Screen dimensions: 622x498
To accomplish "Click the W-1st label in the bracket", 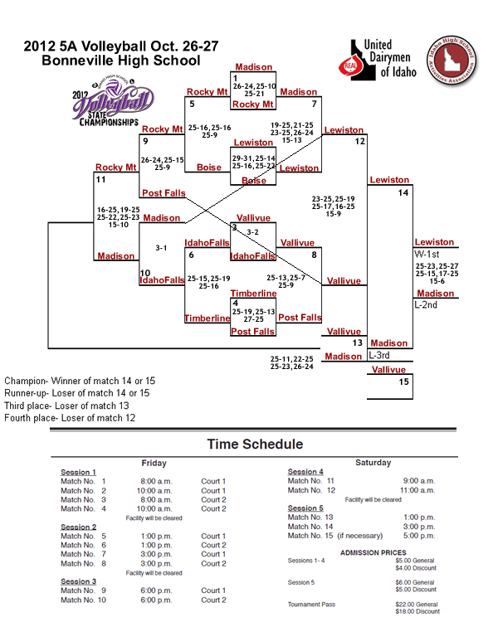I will [x=427, y=253].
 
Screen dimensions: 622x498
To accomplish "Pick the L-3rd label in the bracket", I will [x=378, y=354].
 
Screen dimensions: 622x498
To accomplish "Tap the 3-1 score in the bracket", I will [x=163, y=247].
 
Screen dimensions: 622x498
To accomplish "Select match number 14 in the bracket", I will [x=403, y=192].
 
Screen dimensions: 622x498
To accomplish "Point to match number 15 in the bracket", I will [x=403, y=382].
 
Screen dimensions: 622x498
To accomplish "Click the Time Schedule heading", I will [x=255, y=445].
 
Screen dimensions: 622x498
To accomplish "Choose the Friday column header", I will [x=154, y=463].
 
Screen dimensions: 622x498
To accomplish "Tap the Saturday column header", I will [x=373, y=462].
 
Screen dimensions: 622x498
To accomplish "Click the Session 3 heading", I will [x=78, y=581].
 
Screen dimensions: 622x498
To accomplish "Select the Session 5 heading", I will [x=305, y=508].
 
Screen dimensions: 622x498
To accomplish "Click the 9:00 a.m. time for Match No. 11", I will [x=418, y=481].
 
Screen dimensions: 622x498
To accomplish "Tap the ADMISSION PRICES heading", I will [x=373, y=552].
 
